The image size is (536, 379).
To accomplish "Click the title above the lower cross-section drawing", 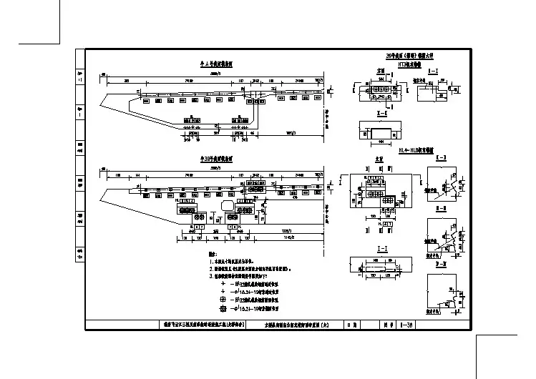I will click(213, 157).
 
